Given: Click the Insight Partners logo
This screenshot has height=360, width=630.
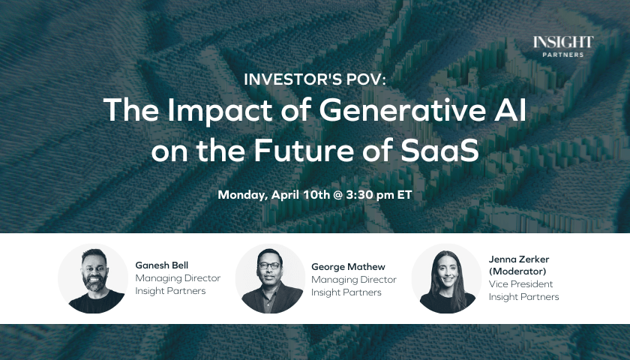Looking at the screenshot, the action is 563,46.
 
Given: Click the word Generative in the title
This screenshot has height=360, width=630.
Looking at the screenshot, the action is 403,109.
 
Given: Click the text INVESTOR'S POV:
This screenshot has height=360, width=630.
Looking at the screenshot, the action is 315,79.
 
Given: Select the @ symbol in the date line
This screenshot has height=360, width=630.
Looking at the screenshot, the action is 337,195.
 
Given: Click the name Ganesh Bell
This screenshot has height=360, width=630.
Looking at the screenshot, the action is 162,265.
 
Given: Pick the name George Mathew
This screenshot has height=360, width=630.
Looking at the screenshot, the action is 348,267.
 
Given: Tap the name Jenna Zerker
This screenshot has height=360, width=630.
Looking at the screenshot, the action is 519,259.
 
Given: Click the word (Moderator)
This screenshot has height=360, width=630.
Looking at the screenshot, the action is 517,271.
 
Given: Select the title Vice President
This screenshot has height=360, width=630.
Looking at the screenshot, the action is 520,284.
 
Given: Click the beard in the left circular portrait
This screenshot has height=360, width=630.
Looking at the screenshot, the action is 94,282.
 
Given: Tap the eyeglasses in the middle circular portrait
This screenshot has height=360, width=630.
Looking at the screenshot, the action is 269,265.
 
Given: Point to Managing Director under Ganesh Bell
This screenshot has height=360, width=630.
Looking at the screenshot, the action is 178,278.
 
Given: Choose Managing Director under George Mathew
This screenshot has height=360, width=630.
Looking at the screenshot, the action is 354,280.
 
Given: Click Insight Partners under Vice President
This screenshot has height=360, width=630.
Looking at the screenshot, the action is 524,297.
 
